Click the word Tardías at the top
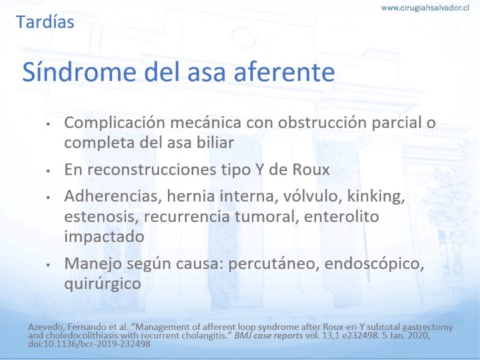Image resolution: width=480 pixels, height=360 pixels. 45,22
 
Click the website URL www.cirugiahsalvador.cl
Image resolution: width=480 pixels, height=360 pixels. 425,8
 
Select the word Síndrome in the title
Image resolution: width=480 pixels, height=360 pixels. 79,72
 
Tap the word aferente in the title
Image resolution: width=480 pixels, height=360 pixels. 284,72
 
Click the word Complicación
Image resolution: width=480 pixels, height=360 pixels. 115,122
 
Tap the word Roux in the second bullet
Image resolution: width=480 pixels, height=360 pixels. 311,169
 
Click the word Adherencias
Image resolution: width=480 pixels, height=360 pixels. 113,196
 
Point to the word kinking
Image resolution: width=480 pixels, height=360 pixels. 376,197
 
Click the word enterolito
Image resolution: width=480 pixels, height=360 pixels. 341,217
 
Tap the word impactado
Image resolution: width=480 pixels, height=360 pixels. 104,236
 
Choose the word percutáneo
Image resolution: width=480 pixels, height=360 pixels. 274,264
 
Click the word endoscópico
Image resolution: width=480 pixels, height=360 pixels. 374,264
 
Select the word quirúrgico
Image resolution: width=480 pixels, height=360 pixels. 103,284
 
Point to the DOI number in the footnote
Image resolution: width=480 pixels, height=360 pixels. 89,344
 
